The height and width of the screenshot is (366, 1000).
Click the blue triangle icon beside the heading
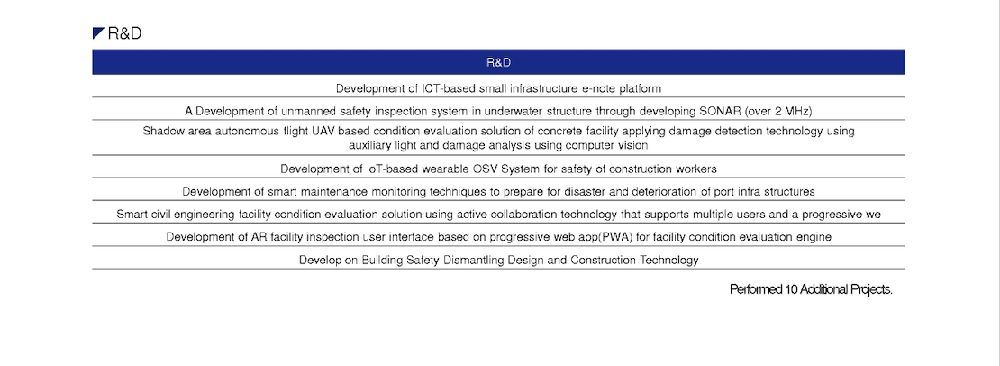97,33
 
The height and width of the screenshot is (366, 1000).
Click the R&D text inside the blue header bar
498,62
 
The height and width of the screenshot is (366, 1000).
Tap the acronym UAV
311,132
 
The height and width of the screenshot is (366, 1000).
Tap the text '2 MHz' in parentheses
791,111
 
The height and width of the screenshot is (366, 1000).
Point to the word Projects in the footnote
871,289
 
